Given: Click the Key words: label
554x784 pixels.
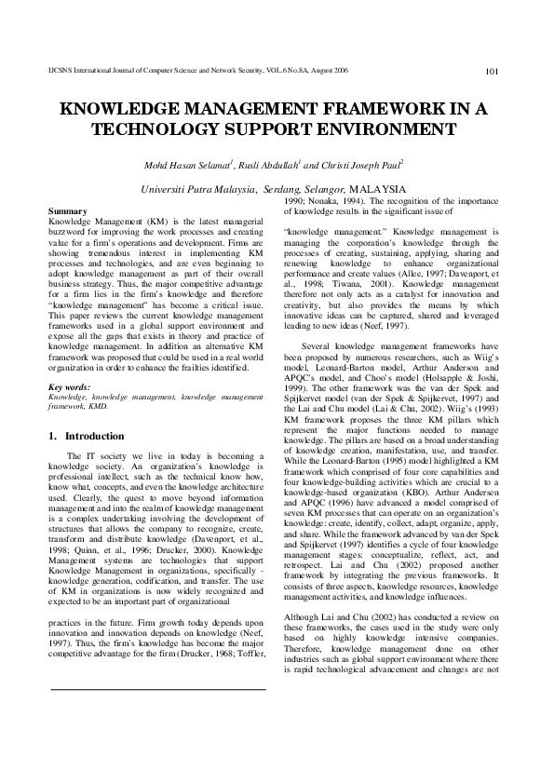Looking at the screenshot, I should (x=70, y=386).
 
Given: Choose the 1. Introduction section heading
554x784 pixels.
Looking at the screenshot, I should (x=86, y=436).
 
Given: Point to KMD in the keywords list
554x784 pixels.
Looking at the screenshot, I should (x=96, y=406).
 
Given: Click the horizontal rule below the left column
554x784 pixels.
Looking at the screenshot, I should (x=157, y=663).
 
